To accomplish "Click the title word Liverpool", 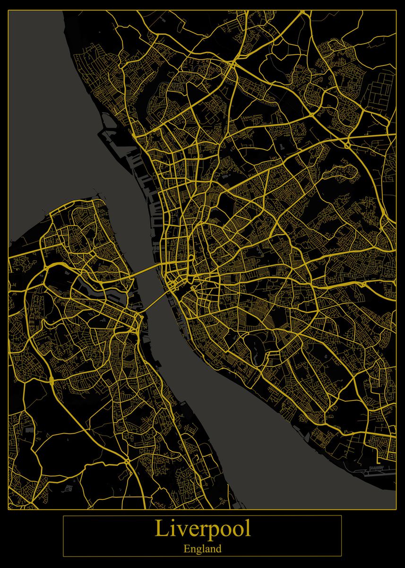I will pyautogui.click(x=202, y=529).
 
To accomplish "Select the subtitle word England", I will pyautogui.click(x=202, y=550).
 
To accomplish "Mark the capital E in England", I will pyautogui.click(x=186, y=549).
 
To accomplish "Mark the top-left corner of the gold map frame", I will pyautogui.click(x=9, y=10).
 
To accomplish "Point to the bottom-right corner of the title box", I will pyautogui.click(x=341, y=556).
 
